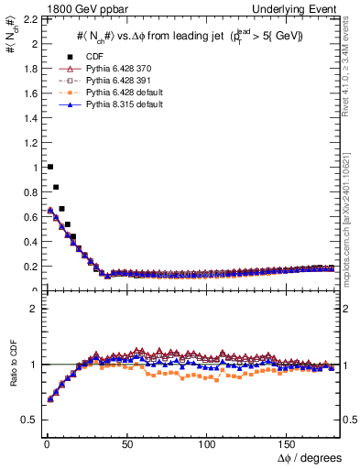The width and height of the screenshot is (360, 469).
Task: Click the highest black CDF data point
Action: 49,167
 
